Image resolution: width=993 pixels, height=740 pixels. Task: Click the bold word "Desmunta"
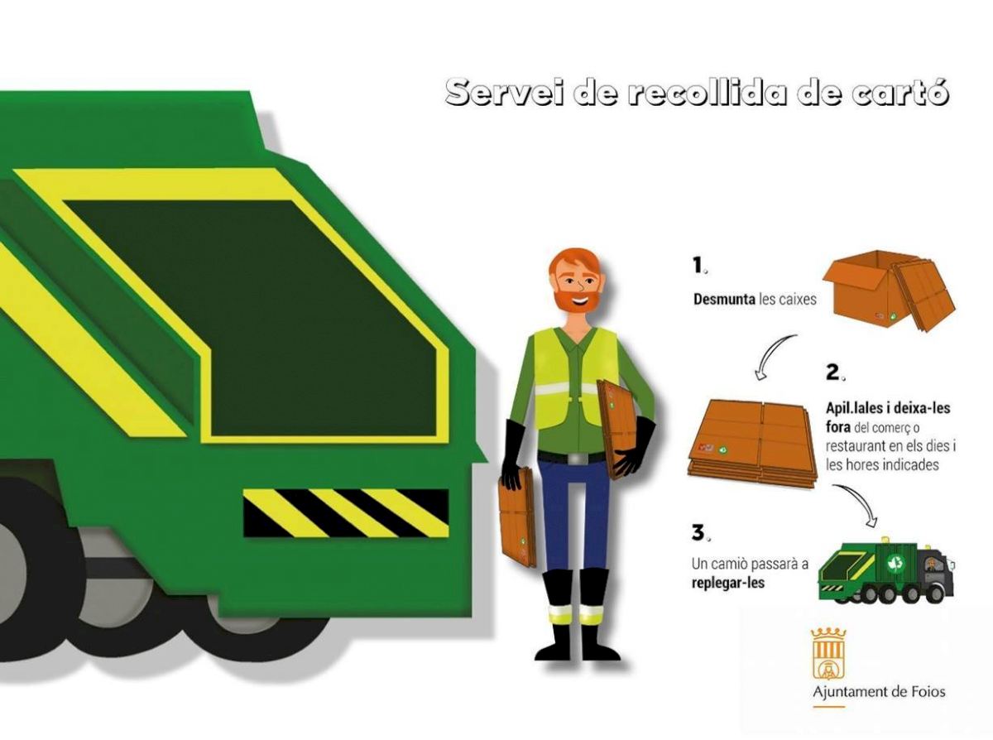tap(724, 299)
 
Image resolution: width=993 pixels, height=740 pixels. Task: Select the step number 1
tap(699, 266)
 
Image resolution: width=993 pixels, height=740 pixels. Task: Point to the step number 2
tap(835, 372)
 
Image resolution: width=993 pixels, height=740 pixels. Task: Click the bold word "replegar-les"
tap(728, 584)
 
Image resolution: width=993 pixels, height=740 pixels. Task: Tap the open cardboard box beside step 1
tap(888, 291)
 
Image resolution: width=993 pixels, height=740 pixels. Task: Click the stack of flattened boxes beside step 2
tap(751, 443)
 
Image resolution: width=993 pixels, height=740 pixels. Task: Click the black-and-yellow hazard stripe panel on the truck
tap(346, 513)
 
